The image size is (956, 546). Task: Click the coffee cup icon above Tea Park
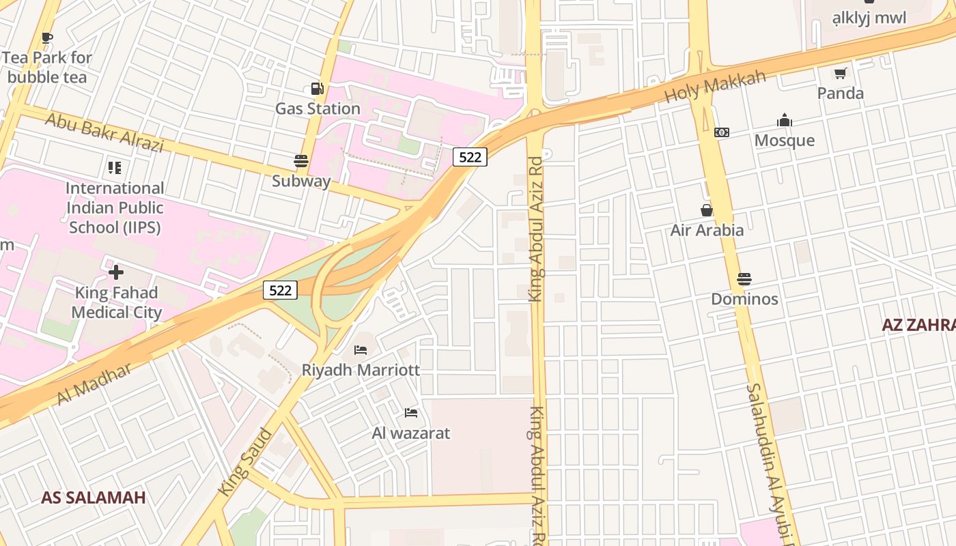(x=46, y=38)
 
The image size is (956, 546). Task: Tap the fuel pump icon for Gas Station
(x=317, y=88)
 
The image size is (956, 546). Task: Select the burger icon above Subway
(x=301, y=161)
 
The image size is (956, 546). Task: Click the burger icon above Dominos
(x=744, y=279)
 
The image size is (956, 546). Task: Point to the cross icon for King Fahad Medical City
(x=116, y=272)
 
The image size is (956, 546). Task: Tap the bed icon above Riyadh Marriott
(x=361, y=350)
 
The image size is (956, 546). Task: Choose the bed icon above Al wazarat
(x=411, y=413)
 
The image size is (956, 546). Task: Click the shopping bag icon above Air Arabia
(x=707, y=210)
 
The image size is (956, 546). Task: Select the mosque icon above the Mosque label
(x=785, y=121)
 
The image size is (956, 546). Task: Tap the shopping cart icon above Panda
(x=840, y=73)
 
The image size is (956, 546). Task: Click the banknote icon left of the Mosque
(x=721, y=132)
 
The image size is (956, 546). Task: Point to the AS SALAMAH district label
(x=94, y=498)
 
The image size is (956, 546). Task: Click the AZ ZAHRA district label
(x=918, y=325)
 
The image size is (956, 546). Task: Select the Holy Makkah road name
(x=716, y=87)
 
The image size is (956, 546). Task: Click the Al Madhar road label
(x=94, y=384)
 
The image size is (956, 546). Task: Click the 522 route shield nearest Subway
(x=470, y=157)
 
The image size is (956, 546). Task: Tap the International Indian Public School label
(x=115, y=207)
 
